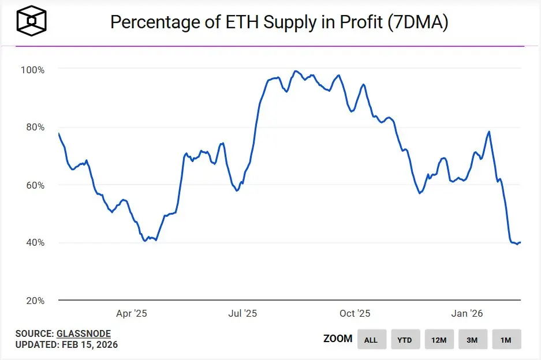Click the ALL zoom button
371,340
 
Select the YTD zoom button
405,340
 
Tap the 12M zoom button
439,340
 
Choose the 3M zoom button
472,340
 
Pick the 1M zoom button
506,340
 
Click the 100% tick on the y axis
33,70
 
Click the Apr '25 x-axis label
132,314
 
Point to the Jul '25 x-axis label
242,314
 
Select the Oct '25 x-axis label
355,314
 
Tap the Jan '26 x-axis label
467,314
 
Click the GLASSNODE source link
83,333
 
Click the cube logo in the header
32,21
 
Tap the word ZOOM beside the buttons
338,339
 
